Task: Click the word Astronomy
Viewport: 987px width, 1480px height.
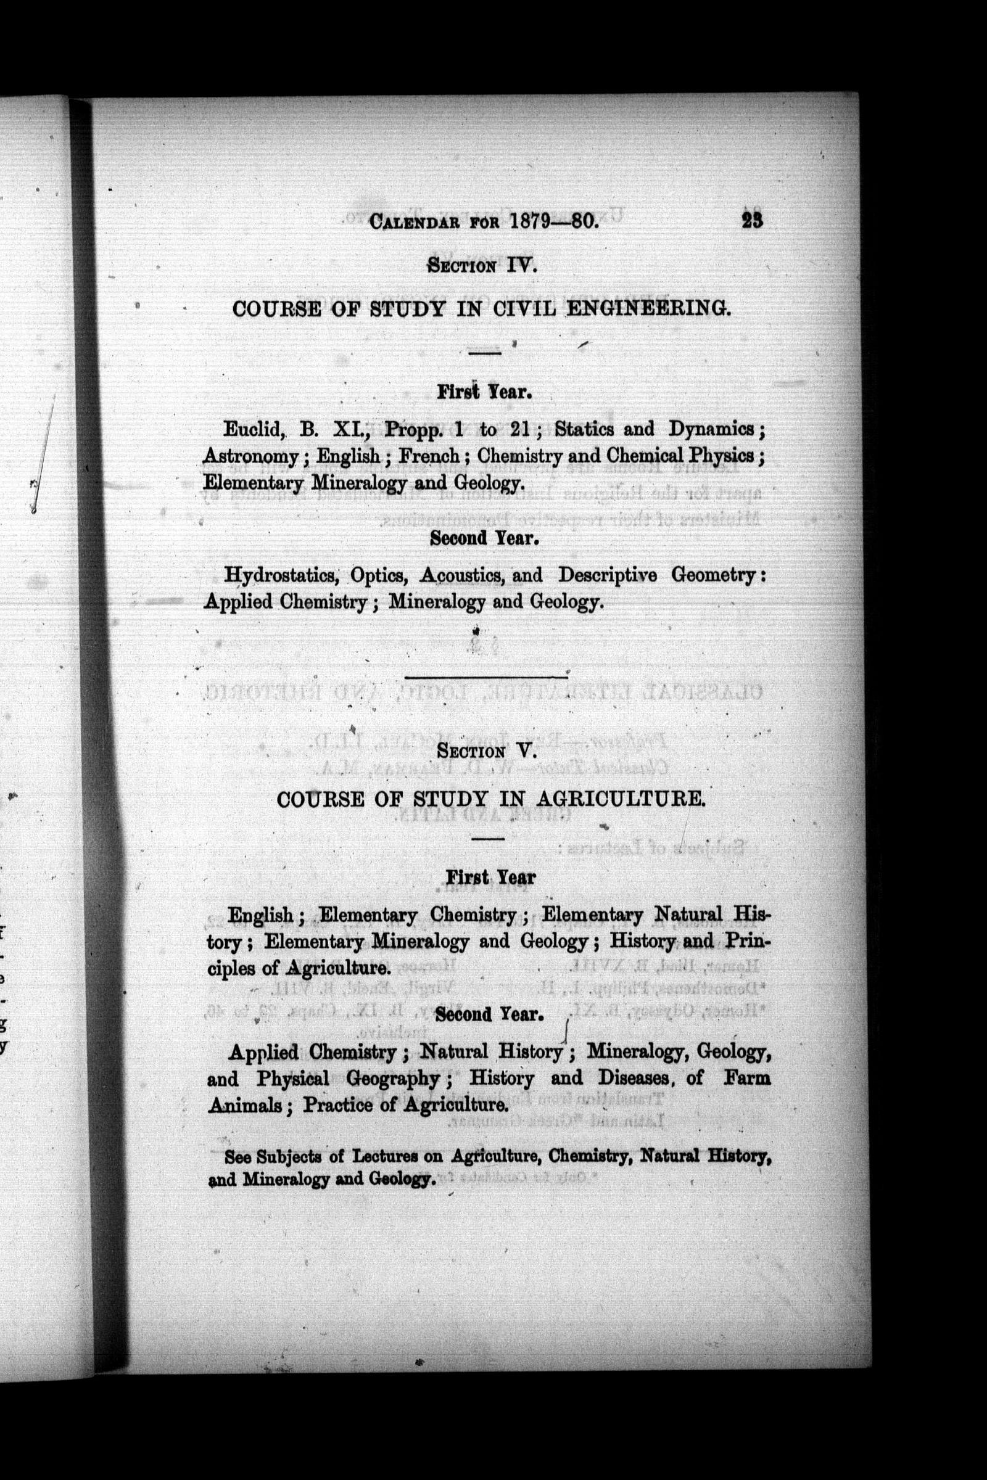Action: [x=250, y=456]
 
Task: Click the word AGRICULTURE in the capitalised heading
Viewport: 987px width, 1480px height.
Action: [x=619, y=799]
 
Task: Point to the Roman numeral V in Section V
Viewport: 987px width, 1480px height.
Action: [x=527, y=750]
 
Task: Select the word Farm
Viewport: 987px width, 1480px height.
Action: [x=747, y=1078]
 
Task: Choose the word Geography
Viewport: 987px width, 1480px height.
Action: [x=393, y=1079]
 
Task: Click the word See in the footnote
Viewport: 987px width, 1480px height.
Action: [x=238, y=1157]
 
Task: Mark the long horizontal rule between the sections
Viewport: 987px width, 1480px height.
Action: [x=485, y=677]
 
